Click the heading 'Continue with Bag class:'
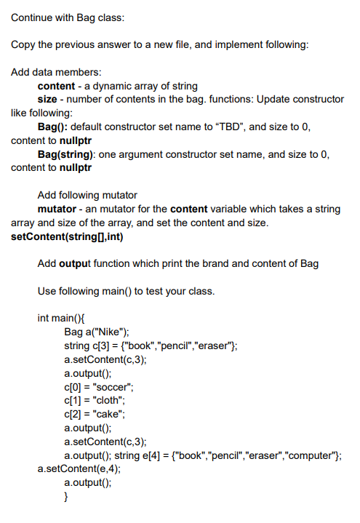pyautogui.click(x=68, y=17)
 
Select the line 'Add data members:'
pyautogui.click(x=57, y=72)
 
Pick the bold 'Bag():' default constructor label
pyautogui.click(x=55, y=127)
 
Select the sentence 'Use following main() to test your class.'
pyautogui.click(x=126, y=291)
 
